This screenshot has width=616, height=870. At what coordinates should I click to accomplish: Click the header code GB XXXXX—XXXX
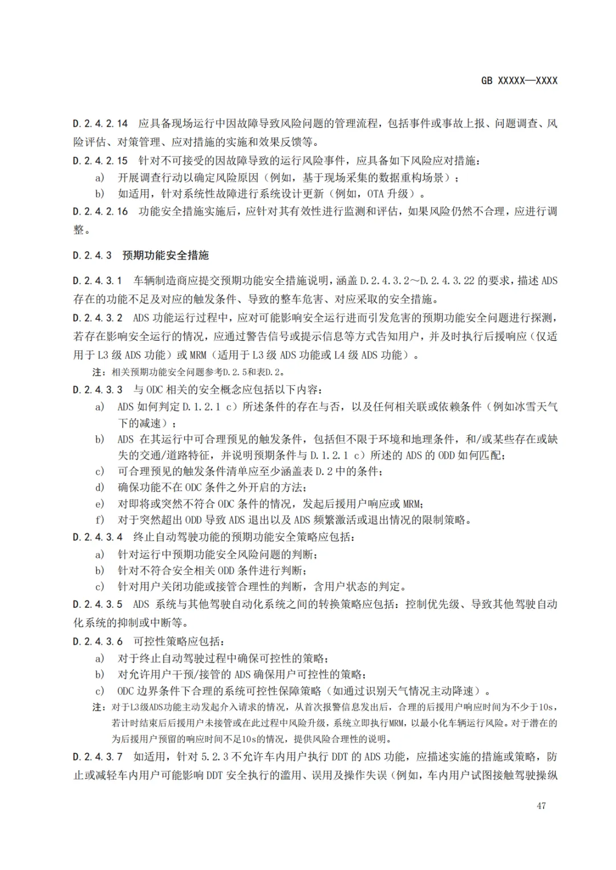point(519,81)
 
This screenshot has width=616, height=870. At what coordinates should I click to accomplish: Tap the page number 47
point(541,806)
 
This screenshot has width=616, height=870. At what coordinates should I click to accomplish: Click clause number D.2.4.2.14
point(100,123)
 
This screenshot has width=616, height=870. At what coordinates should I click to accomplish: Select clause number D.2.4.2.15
point(100,161)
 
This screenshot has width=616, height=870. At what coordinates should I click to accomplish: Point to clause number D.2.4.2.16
point(100,211)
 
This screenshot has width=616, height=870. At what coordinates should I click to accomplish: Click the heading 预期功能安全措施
point(165,255)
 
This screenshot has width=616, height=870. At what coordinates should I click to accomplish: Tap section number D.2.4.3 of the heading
point(92,255)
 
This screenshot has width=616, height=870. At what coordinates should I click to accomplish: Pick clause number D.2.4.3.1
point(98,280)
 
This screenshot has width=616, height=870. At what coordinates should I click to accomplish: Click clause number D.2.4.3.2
point(98,318)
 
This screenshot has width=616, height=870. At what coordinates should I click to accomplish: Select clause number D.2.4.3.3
point(98,390)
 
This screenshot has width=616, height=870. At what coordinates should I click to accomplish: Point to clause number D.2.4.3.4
point(98,537)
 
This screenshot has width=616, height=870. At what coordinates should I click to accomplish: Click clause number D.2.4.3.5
point(98,604)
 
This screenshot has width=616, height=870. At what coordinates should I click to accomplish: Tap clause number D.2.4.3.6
point(98,642)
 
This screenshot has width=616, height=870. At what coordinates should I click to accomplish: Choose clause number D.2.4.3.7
point(98,757)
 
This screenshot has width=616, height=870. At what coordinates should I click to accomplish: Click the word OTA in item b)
point(375,194)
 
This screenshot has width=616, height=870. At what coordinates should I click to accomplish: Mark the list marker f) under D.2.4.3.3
point(100,520)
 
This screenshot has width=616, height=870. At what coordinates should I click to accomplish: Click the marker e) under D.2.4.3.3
point(100,504)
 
